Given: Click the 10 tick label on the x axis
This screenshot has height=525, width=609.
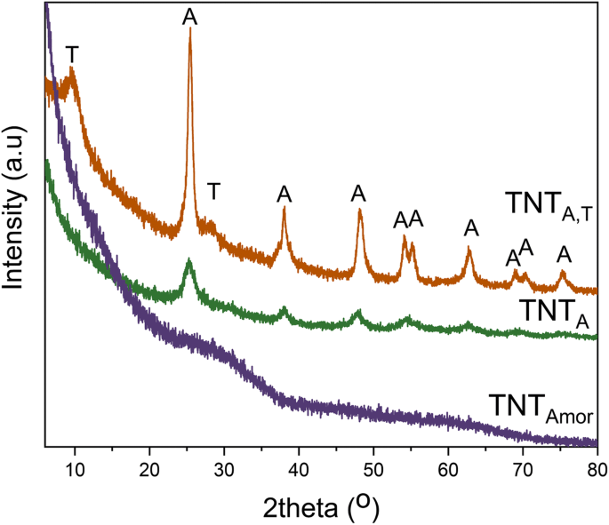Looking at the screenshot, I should point(75,467).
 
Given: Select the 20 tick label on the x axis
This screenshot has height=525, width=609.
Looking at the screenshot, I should point(149,467).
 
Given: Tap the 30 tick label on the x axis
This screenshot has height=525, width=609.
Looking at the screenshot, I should point(224,467).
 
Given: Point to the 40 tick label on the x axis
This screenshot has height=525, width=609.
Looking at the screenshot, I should point(299,467).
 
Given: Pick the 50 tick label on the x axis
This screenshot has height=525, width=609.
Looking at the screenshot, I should point(373,467).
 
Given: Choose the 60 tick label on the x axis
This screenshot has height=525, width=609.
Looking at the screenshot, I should point(448,467).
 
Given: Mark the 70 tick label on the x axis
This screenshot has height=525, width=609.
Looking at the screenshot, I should point(523,467).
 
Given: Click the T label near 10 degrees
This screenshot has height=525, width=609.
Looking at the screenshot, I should point(72,54).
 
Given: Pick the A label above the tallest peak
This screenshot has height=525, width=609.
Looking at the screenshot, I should point(188,17).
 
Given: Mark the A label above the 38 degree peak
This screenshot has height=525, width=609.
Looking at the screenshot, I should point(284,194).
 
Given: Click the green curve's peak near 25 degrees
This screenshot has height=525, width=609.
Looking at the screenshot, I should point(189,261).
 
